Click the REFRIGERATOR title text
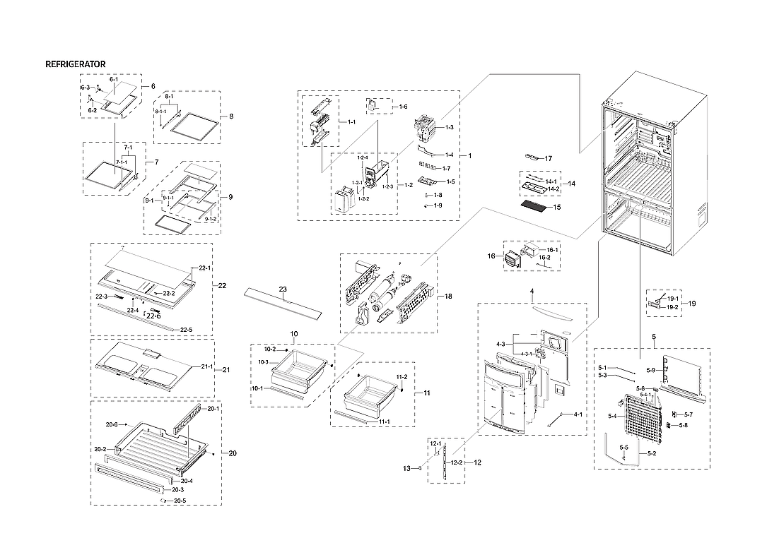point(76,64)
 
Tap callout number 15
point(557,208)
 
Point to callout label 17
point(548,158)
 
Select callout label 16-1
point(552,250)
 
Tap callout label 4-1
point(578,414)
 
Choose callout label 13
point(406,468)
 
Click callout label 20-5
point(180,501)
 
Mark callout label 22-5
point(186,330)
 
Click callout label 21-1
point(207,366)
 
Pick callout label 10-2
point(270,349)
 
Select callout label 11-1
point(384,422)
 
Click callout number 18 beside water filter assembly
point(447,297)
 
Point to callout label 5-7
point(688,414)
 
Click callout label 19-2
point(672,307)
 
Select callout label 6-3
point(85,87)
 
